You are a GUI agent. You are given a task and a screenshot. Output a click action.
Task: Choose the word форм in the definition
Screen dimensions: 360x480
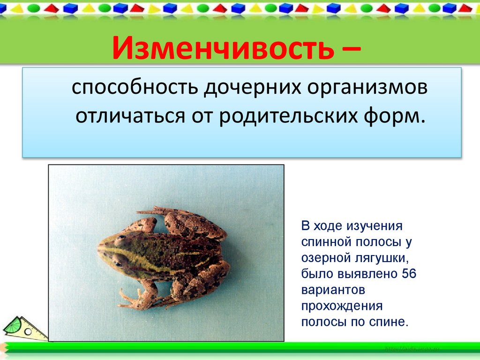tap(398, 115)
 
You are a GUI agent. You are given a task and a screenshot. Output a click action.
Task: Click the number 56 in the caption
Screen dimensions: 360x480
tap(408, 274)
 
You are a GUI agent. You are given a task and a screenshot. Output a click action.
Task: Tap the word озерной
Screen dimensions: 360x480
tap(322, 258)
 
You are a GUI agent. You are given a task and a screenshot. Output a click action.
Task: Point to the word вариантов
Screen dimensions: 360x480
tap(333, 290)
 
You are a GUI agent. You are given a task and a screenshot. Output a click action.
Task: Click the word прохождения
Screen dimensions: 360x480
tap(342, 306)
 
